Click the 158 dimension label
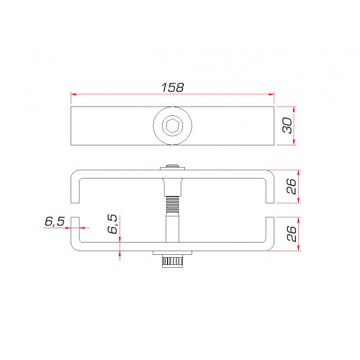pos(173,88)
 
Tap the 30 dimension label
pos(287,125)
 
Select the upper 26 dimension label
pos(292,186)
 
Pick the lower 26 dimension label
pos(292,233)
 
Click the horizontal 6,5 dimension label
pos(55,222)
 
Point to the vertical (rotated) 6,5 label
pos(112,224)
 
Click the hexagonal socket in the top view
pos(173,125)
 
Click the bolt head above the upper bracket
pos(173,167)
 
